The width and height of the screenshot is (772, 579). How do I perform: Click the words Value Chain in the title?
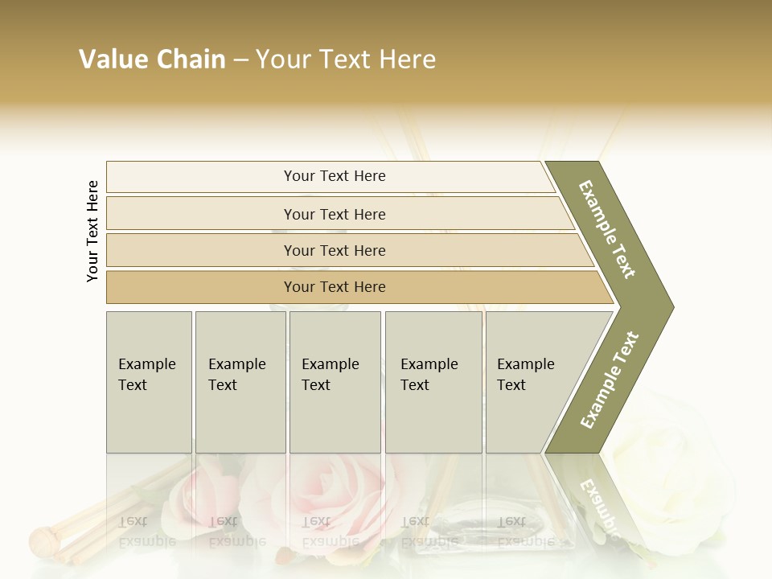(152, 60)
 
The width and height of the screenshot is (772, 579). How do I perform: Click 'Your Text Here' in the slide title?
(346, 60)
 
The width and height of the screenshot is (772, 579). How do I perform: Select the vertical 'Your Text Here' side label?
(92, 232)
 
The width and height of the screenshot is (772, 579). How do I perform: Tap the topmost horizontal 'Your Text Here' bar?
(334, 176)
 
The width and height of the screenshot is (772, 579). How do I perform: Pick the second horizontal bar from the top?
(334, 214)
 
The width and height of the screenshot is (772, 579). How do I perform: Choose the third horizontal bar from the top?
(334, 250)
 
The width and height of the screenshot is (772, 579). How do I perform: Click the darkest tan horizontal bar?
(334, 287)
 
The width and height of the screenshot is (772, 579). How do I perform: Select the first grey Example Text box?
(149, 382)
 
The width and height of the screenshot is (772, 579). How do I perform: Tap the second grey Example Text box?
(240, 382)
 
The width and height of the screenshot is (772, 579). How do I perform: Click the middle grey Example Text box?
(335, 382)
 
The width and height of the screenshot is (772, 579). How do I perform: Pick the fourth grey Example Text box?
(433, 382)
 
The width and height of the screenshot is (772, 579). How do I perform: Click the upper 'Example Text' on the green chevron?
(608, 229)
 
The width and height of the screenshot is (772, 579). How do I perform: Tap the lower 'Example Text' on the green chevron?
(610, 380)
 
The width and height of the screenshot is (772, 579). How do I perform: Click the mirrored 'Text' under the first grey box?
(133, 521)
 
